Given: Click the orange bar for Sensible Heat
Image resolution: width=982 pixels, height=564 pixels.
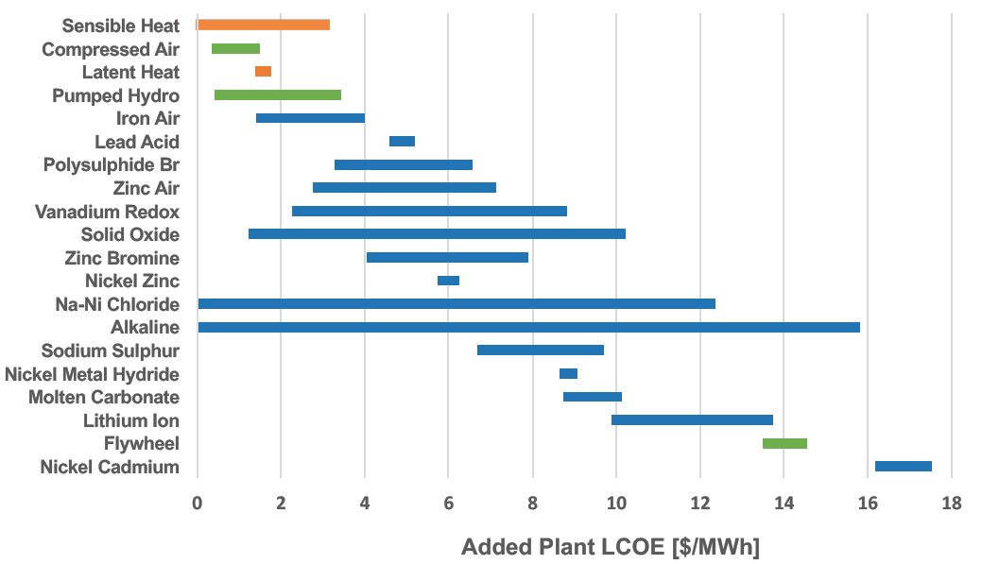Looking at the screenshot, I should [264, 25].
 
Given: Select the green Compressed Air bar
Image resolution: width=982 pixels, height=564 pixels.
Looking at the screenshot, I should [235, 48].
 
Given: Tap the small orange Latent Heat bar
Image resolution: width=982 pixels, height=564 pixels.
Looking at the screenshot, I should [263, 72].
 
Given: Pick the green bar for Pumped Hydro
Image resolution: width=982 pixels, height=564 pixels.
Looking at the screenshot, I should [278, 94].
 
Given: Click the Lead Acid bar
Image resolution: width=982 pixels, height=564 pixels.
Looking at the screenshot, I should [402, 142].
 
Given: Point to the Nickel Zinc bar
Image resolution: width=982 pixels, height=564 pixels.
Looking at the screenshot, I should [448, 281].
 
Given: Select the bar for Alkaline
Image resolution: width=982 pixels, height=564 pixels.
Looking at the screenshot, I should [528, 327].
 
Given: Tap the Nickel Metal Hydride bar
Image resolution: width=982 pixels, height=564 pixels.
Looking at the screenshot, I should [568, 373].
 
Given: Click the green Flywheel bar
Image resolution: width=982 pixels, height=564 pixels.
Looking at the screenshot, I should [784, 443].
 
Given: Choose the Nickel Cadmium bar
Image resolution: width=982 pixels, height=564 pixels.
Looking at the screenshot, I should [903, 466].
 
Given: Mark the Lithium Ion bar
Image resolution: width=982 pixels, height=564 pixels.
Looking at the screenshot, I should [692, 419].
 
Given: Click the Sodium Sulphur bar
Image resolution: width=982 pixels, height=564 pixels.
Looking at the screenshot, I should [541, 350].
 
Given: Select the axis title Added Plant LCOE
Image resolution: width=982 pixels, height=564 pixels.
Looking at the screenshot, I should [611, 547].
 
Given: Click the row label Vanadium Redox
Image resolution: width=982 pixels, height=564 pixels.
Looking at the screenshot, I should [107, 212].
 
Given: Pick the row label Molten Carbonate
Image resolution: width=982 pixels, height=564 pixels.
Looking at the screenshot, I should [104, 397].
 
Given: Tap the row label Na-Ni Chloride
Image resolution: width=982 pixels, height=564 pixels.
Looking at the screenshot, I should [117, 304].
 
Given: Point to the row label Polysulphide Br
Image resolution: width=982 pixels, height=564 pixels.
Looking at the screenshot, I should [112, 165].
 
